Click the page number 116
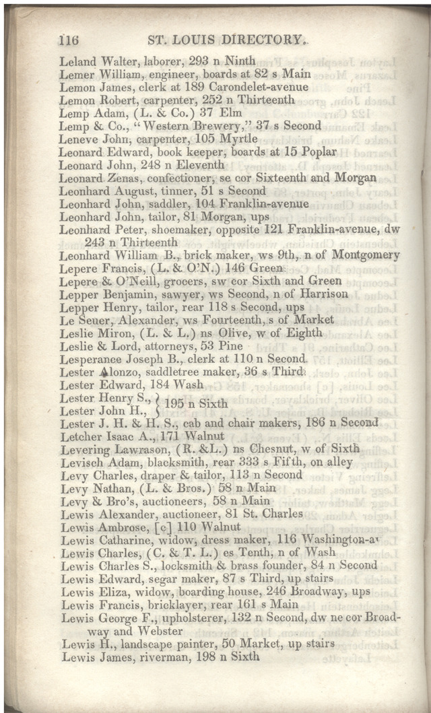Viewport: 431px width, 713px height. point(70,40)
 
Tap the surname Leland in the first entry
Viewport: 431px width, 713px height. point(77,61)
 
